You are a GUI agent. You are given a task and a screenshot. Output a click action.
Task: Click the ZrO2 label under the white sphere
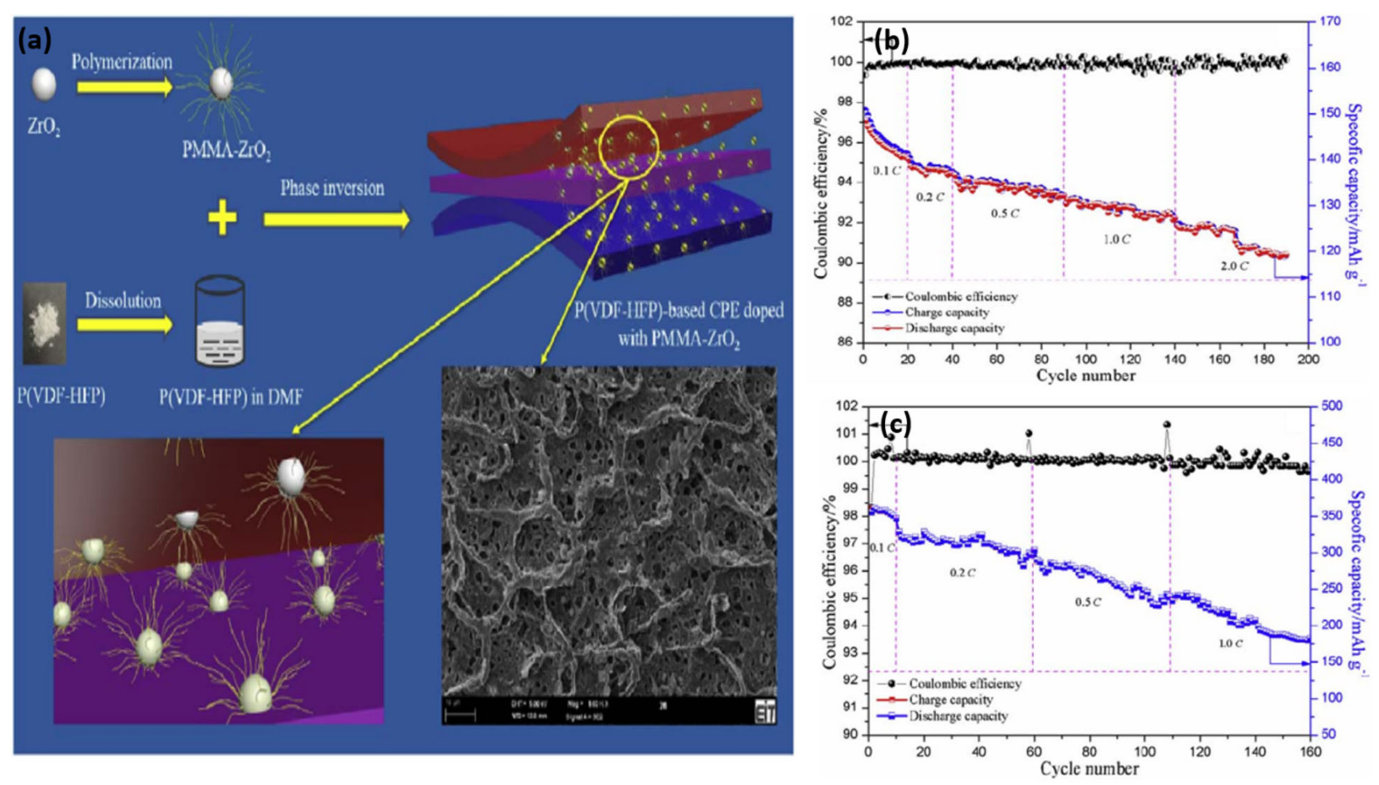click(44, 128)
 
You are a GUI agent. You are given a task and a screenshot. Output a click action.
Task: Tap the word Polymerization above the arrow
click(122, 62)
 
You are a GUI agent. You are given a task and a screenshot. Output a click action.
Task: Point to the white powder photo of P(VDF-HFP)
click(44, 323)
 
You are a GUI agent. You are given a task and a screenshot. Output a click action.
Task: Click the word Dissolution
click(123, 301)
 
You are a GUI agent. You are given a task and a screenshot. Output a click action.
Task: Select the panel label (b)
click(891, 40)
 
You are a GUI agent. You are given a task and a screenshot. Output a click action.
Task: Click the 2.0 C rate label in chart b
click(1234, 266)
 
